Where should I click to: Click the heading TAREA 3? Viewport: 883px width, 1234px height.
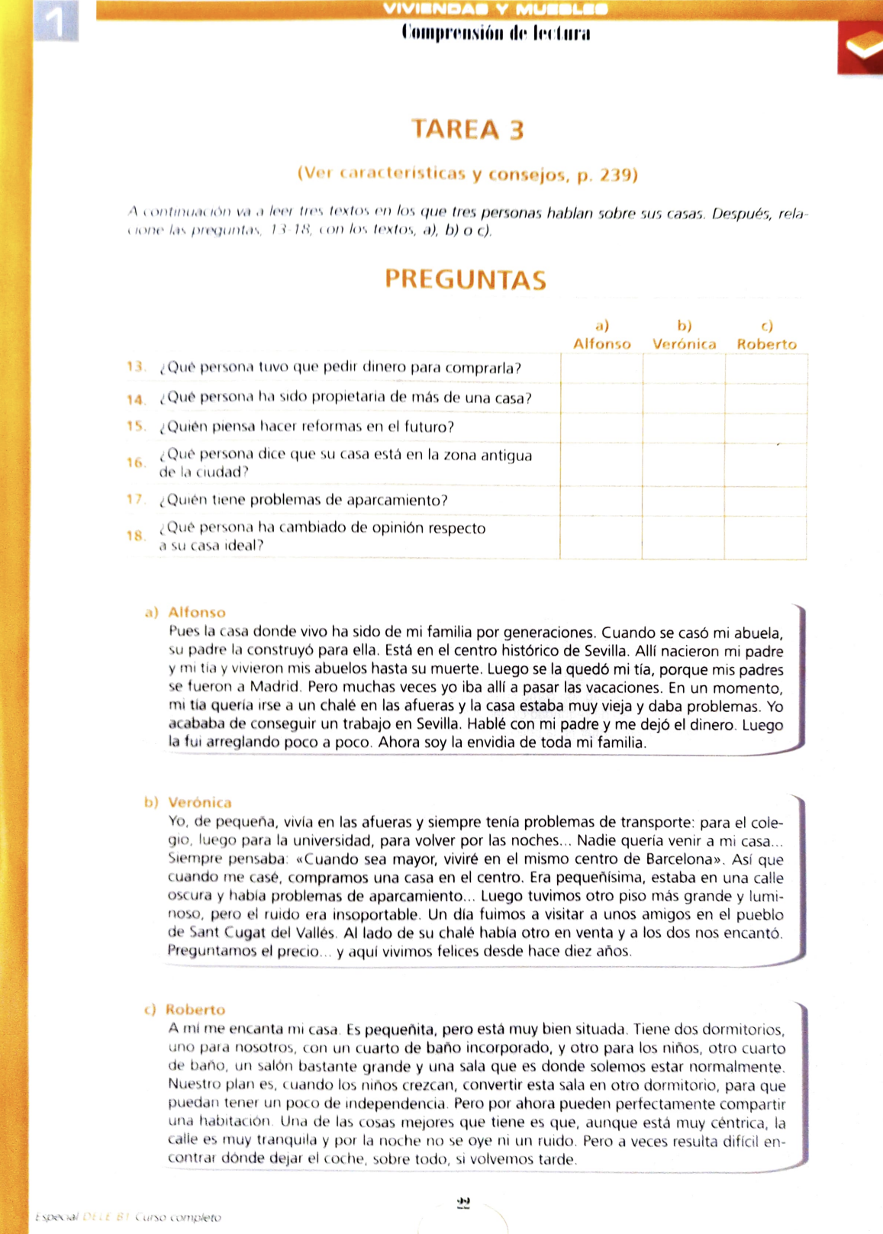pyautogui.click(x=468, y=130)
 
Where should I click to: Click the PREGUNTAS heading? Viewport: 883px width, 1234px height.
pyautogui.click(x=466, y=279)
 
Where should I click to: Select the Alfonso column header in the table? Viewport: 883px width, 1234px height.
pyautogui.click(x=602, y=343)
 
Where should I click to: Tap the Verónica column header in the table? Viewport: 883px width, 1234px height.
pyautogui.click(x=684, y=343)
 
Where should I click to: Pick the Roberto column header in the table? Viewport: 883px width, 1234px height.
pyautogui.click(x=766, y=343)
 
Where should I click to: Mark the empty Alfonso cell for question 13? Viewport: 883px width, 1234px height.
pyautogui.click(x=601, y=369)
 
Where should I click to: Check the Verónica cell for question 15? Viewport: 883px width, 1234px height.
pyautogui.click(x=684, y=427)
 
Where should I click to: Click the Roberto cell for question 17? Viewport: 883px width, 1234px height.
pyautogui.click(x=765, y=501)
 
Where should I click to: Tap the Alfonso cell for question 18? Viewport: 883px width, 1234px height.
pyautogui.click(x=601, y=537)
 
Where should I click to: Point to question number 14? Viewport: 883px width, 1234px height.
pyautogui.click(x=136, y=399)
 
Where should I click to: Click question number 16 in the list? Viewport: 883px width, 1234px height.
pyautogui.click(x=136, y=462)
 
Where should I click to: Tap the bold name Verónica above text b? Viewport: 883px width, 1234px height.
pyautogui.click(x=199, y=802)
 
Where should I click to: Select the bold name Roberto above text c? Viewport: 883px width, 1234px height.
pyautogui.click(x=195, y=1010)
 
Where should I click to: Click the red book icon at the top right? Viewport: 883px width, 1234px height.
pyautogui.click(x=861, y=47)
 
